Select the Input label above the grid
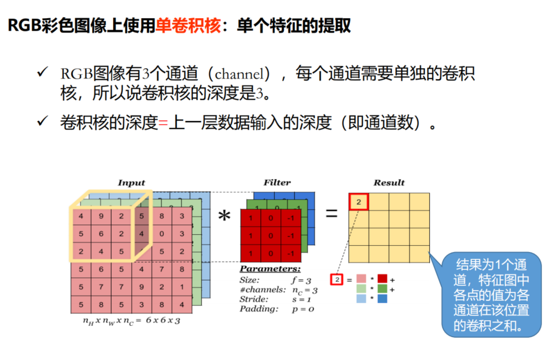pos(131,183)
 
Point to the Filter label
pos(277,183)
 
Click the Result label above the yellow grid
pos(389,183)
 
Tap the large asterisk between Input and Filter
pos(225,217)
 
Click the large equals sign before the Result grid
pos(331,214)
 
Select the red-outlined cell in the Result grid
pos(358,202)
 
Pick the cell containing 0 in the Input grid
pos(162,233)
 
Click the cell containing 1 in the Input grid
pos(182,287)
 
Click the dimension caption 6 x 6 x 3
pos(163,321)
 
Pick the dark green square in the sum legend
pos(382,289)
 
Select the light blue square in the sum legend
pos(361,298)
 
